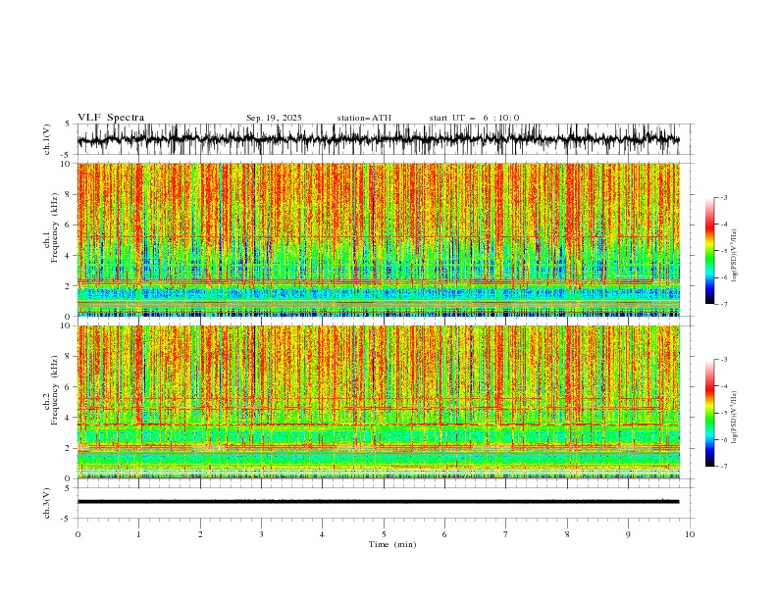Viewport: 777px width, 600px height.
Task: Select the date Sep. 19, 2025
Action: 275,118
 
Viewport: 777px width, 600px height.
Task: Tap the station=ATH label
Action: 364,118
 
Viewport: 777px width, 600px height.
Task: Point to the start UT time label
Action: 474,118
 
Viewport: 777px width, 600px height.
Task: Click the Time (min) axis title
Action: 384,543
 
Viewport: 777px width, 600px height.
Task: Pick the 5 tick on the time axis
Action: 384,533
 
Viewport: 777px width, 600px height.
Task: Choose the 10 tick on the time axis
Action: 691,533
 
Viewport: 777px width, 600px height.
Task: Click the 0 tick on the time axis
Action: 78,533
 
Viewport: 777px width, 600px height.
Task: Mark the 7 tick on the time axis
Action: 506,533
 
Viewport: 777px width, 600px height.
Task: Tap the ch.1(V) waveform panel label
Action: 47,140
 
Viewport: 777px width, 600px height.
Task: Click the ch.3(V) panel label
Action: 47,502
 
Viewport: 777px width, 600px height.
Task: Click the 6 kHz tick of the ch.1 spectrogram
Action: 69,225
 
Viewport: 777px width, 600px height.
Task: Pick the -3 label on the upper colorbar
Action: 723,198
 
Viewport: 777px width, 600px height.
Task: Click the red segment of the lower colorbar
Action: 709,386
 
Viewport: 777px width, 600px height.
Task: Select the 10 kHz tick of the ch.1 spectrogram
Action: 67,164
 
